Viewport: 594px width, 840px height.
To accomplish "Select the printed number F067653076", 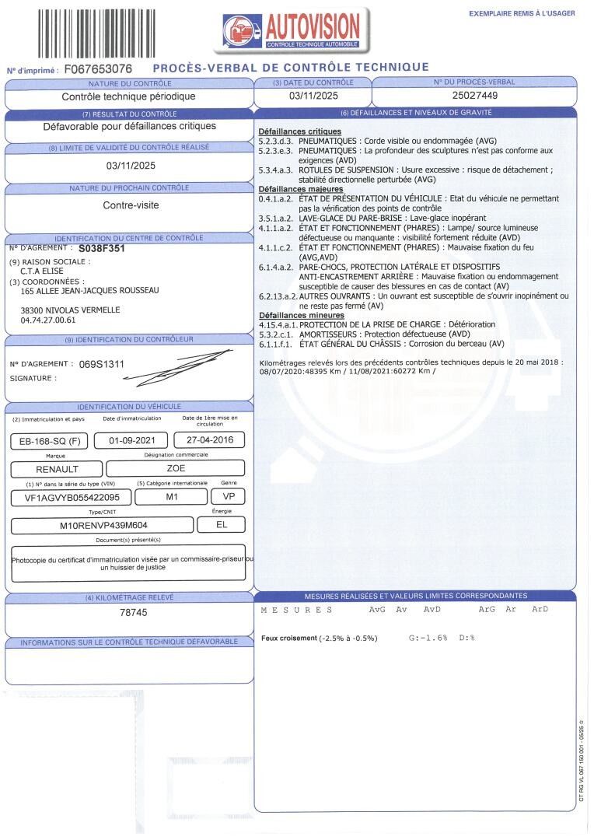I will [98, 69].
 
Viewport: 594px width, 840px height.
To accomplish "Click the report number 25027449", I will [474, 96].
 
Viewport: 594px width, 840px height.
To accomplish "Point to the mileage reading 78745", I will [129, 613].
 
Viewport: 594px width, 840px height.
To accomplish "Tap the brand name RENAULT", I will [58, 469].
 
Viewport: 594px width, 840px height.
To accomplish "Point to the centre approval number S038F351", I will [107, 249].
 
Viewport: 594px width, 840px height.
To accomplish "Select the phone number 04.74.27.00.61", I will [48, 320].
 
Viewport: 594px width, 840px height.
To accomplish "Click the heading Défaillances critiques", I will [299, 132].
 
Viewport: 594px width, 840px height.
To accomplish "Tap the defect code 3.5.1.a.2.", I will [277, 219].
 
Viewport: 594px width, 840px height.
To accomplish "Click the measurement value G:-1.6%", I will [428, 638].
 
